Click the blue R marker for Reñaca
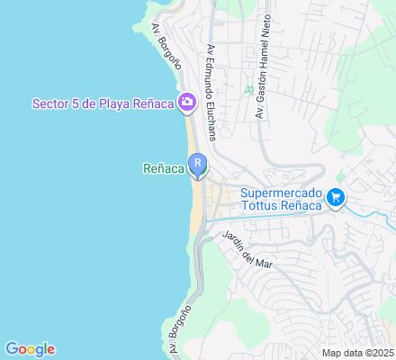197,165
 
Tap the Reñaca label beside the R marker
163,166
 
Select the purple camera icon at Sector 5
187,100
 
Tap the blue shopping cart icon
337,196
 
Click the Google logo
30,349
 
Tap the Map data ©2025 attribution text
358,352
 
